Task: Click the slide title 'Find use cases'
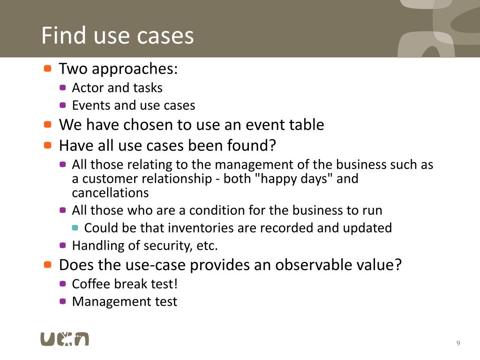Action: point(117,36)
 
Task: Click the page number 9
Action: point(458,344)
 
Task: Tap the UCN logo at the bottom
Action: point(64,338)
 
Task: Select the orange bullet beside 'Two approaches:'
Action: point(47,68)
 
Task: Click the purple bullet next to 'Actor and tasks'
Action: point(63,87)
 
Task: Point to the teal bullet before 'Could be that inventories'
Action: point(75,228)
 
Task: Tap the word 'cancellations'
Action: point(110,193)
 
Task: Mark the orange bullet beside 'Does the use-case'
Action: point(47,264)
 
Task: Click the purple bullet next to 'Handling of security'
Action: point(63,245)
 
